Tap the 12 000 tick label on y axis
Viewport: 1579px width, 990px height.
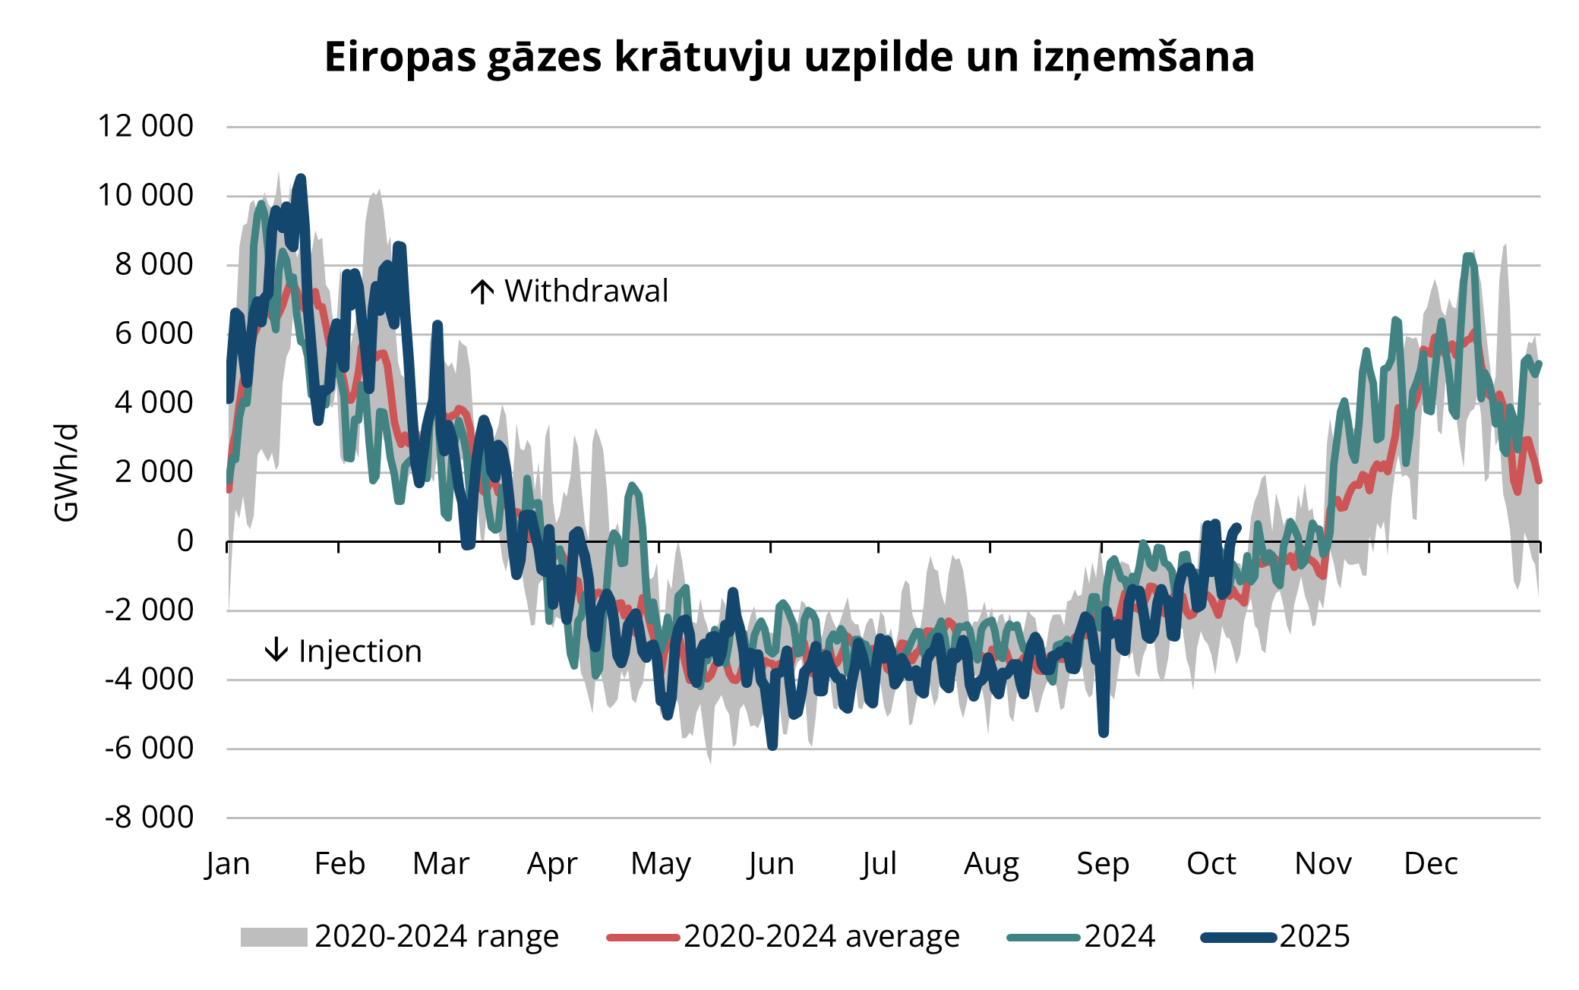pos(145,126)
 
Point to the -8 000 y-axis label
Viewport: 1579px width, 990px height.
pos(149,818)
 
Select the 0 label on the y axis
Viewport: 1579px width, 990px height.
pos(185,541)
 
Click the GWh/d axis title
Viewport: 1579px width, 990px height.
pos(67,472)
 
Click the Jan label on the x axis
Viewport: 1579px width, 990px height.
pos(227,864)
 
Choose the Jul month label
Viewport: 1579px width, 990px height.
pos(879,864)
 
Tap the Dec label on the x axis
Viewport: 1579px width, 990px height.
pos(1430,864)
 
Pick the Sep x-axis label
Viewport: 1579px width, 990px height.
pos(1102,864)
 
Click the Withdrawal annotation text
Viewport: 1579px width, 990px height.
pos(586,292)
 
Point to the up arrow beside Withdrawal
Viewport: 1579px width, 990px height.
pos(482,292)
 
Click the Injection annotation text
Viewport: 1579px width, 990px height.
pos(360,651)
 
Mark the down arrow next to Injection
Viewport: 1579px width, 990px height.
pos(276,650)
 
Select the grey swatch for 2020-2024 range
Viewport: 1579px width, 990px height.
pos(273,937)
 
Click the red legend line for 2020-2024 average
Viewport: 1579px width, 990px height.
pos(643,937)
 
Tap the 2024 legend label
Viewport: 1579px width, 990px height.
pos(1120,937)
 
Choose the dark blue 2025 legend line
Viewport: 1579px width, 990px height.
pos(1238,937)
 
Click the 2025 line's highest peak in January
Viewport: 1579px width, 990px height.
pos(301,179)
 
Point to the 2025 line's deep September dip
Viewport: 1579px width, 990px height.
pos(1104,732)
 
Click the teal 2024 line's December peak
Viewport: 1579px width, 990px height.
pos(1470,257)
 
